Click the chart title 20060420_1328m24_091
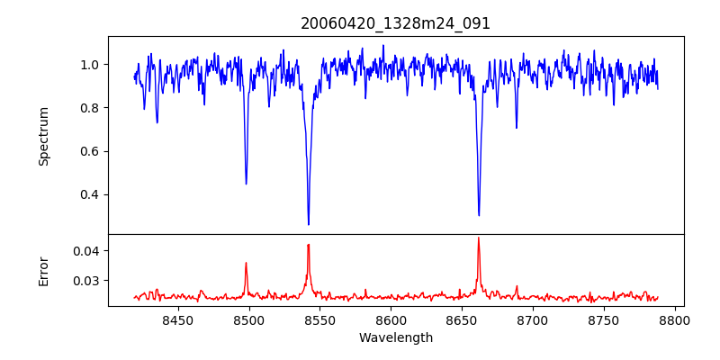(x=396, y=24)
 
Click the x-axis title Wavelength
(x=396, y=337)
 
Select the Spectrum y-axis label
(x=44, y=136)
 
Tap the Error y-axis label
(x=44, y=270)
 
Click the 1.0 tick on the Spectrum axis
(x=90, y=65)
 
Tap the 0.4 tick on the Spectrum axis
(x=90, y=194)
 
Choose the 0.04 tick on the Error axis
(x=86, y=250)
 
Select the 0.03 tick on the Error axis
(x=86, y=281)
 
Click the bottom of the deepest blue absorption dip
(x=309, y=224)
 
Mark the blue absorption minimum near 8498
(x=247, y=184)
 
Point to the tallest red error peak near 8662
(x=479, y=238)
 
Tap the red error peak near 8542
(x=309, y=245)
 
